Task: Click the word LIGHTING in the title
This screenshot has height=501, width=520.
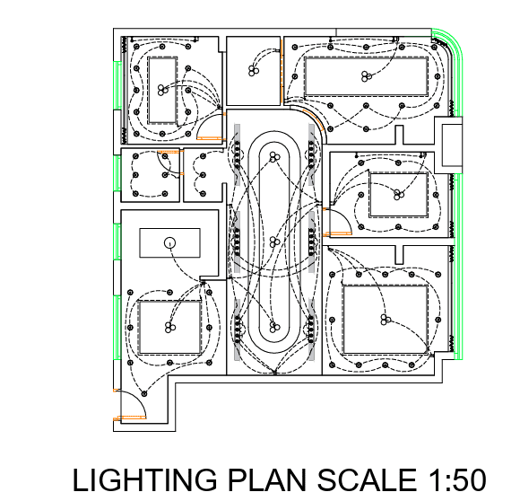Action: click(x=144, y=479)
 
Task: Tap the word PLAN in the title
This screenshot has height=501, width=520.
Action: click(x=268, y=479)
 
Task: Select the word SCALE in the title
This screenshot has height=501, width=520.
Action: click(x=367, y=479)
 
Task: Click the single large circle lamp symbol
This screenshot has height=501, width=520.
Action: click(x=169, y=243)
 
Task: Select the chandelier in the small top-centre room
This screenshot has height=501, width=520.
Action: click(x=254, y=70)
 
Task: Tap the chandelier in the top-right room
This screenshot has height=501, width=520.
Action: click(x=366, y=76)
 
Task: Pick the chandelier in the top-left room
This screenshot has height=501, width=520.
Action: click(x=162, y=90)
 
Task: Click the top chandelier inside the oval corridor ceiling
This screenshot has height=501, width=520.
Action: click(x=274, y=157)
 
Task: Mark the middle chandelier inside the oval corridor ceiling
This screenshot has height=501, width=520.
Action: click(x=274, y=242)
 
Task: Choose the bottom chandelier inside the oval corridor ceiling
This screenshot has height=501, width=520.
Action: click(x=274, y=327)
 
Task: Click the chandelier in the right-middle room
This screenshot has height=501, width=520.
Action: click(x=398, y=195)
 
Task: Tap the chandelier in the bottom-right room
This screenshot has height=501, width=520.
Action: click(x=385, y=320)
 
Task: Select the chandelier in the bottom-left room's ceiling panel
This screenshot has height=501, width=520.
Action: click(x=169, y=328)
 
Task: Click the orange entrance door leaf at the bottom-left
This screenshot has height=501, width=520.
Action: click(x=130, y=417)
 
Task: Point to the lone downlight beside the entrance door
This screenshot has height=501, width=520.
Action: click(x=144, y=394)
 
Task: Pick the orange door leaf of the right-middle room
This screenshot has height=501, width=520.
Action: click(x=338, y=233)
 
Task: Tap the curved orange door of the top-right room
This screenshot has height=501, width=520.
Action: click(x=314, y=119)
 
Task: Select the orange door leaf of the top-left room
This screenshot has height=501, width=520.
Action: click(x=209, y=137)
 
